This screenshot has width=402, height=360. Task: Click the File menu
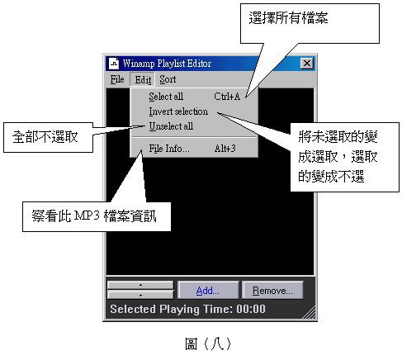pyautogui.click(x=117, y=79)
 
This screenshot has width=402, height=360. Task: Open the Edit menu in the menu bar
pyautogui.click(x=143, y=80)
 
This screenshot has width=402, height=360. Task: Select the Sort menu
pyautogui.click(x=168, y=79)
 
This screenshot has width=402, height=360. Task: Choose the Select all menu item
pyautogui.click(x=166, y=97)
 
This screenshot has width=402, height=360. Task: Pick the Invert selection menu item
pyautogui.click(x=178, y=111)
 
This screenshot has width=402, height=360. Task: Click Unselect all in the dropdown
pyautogui.click(x=171, y=126)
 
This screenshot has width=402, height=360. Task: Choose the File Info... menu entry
pyautogui.click(x=169, y=149)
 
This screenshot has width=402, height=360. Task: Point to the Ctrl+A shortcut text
pyautogui.click(x=227, y=97)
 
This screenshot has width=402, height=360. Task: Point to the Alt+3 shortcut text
pyautogui.click(x=225, y=149)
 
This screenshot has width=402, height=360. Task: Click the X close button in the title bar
pyautogui.click(x=307, y=64)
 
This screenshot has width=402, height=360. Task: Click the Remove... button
pyautogui.click(x=272, y=290)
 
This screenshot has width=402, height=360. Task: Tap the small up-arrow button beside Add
pyautogui.click(x=140, y=285)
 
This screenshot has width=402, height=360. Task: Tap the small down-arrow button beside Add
pyautogui.click(x=140, y=295)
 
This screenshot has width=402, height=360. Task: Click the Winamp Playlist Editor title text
pyautogui.click(x=167, y=64)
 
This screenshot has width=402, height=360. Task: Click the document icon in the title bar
pyautogui.click(x=114, y=64)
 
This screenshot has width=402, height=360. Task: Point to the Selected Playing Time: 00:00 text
pyautogui.click(x=187, y=309)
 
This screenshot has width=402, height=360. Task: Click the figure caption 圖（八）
pyautogui.click(x=208, y=344)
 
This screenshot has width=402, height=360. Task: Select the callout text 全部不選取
pyautogui.click(x=45, y=137)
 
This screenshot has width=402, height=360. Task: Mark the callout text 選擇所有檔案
pyautogui.click(x=288, y=18)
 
